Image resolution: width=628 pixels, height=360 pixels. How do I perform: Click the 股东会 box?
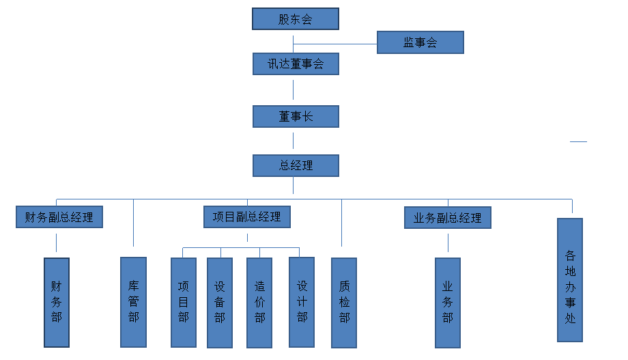(x=296, y=19)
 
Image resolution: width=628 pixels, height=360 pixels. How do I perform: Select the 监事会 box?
(x=420, y=42)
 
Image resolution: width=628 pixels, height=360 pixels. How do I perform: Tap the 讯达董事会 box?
(x=296, y=64)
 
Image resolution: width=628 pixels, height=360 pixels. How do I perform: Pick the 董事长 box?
(x=296, y=117)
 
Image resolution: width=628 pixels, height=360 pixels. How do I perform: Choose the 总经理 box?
(x=296, y=165)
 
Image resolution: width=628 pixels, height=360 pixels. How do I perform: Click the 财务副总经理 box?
(x=59, y=217)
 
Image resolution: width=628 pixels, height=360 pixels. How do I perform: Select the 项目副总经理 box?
(x=247, y=217)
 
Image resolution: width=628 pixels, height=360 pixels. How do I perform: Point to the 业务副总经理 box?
(x=448, y=218)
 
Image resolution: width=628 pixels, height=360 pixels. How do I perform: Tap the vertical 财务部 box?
(x=57, y=301)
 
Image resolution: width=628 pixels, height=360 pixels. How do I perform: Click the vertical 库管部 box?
(x=133, y=301)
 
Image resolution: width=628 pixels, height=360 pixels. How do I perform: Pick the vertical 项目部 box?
(x=183, y=302)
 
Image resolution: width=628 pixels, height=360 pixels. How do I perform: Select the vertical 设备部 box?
(x=220, y=302)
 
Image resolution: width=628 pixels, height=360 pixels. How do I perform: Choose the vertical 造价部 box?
(x=259, y=302)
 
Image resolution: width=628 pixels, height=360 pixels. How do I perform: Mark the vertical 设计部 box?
(x=302, y=301)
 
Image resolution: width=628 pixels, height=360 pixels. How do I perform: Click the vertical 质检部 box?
(x=344, y=302)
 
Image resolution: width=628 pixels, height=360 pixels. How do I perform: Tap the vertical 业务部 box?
(x=448, y=302)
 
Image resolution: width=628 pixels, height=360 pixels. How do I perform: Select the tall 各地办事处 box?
(x=570, y=280)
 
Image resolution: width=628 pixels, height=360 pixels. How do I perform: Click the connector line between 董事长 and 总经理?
(x=294, y=141)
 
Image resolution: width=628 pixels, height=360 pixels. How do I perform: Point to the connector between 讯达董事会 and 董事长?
(x=294, y=89)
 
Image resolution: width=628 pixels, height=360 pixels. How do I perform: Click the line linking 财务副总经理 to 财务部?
(x=56, y=243)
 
